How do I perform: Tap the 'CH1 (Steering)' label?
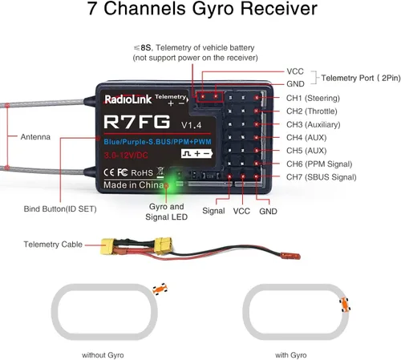pyautogui.click(x=313, y=98)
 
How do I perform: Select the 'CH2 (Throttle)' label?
pyautogui.click(x=313, y=111)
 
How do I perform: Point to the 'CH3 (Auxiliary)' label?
pyautogui.click(x=314, y=124)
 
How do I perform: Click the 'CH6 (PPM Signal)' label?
pyautogui.click(x=318, y=164)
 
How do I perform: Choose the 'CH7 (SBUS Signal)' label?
pyautogui.click(x=321, y=176)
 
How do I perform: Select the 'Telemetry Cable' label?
pyautogui.click(x=52, y=244)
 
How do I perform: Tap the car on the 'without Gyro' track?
pyautogui.click(x=160, y=288)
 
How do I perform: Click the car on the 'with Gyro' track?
pyautogui.click(x=345, y=303)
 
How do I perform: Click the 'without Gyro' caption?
pyautogui.click(x=107, y=354)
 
